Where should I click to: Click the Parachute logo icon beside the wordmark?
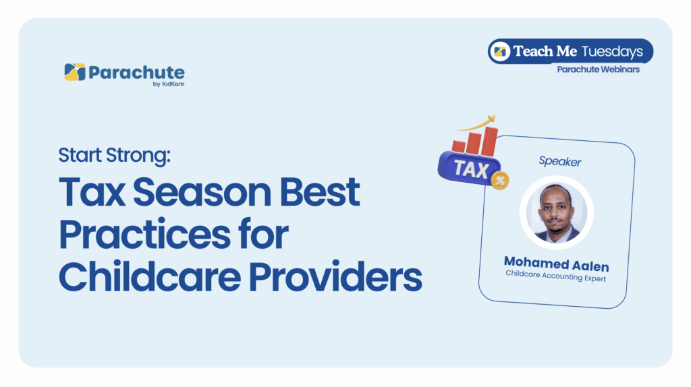point(75,72)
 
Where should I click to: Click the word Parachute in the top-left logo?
point(136,73)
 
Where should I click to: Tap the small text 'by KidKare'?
point(168,84)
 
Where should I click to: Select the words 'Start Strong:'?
point(115,156)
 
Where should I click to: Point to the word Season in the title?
point(202,192)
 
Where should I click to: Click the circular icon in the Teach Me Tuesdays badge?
point(500,51)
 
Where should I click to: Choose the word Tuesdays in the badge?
point(612,51)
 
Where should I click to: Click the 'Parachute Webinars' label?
point(598,69)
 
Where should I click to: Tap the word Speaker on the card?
point(559,162)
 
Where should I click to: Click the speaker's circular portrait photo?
point(556,212)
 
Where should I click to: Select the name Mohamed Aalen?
point(557,264)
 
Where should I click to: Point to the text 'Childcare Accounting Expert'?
point(556,276)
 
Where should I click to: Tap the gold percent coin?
point(500,180)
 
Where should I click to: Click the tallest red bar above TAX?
point(489,141)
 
